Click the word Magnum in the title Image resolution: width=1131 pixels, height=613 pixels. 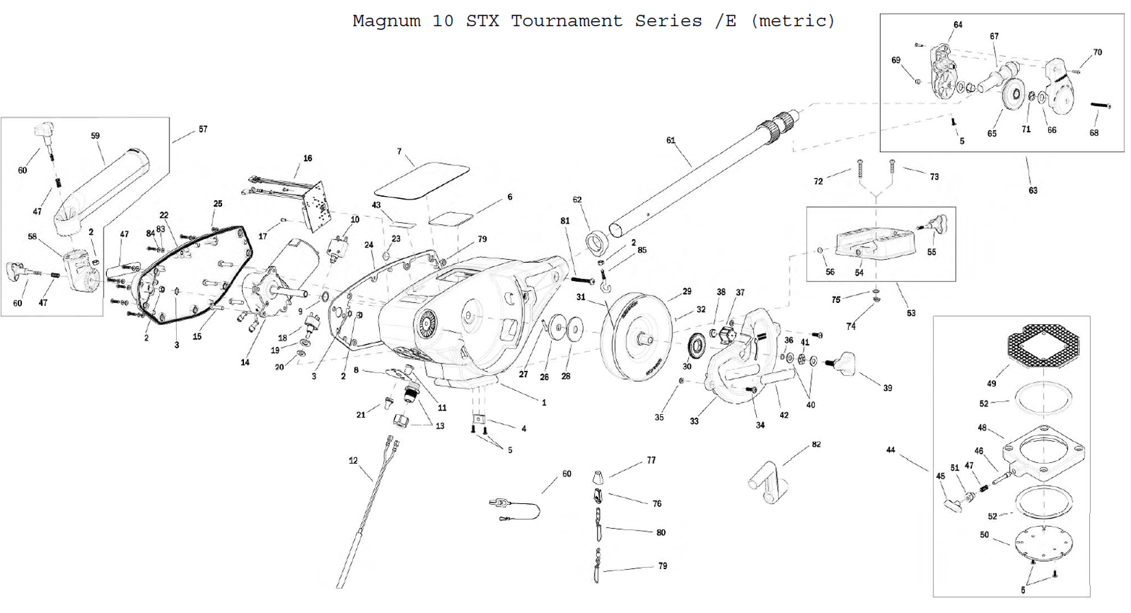coord(386,21)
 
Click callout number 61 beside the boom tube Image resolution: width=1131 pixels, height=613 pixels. coord(670,141)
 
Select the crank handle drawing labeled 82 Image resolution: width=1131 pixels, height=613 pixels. coord(767,481)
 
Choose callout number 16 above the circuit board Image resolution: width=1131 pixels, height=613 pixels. coord(308,158)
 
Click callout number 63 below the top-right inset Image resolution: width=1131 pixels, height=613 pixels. coord(1033,191)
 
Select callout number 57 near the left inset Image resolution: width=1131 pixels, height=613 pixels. coord(203,129)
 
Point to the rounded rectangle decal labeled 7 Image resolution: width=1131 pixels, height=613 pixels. coord(422,180)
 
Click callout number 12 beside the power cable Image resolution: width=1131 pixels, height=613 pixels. coord(353,461)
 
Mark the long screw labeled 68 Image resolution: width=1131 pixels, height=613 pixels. coord(1100,106)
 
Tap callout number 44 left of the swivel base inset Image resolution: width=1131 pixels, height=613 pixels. coord(890,450)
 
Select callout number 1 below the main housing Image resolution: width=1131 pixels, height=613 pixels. coord(544,402)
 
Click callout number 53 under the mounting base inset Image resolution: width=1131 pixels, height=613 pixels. coord(911,313)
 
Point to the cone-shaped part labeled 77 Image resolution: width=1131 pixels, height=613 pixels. coord(598,476)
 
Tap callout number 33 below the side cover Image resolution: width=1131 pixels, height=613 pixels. coord(694,421)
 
